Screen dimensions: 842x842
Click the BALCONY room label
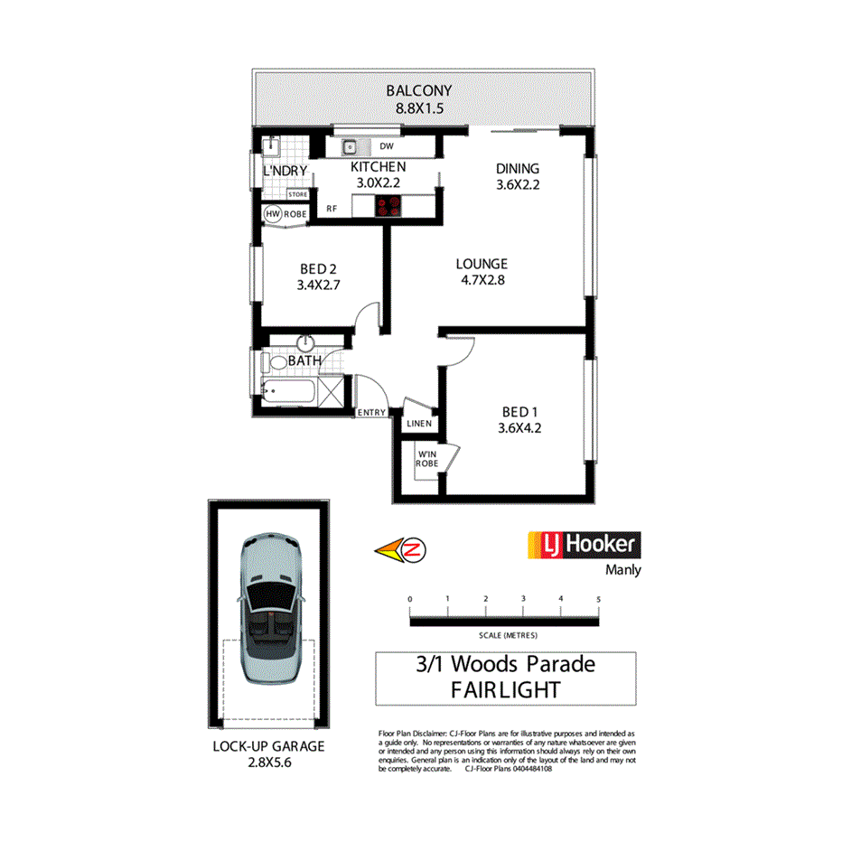coord(418,90)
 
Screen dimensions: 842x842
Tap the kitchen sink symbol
coord(349,146)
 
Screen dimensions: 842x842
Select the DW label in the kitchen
coord(387,146)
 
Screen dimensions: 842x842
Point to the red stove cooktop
coord(390,206)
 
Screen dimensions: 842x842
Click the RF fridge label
coord(332,209)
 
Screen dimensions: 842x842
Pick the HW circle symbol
coord(273,214)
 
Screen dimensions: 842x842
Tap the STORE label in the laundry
coord(297,194)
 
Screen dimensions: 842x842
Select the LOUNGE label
coord(482,264)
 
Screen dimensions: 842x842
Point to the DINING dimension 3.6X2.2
coord(518,186)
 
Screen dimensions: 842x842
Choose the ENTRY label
coord(371,413)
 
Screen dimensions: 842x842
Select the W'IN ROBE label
coord(426,458)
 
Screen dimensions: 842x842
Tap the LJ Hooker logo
coord(583,545)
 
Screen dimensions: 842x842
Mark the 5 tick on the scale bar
coord(598,599)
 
